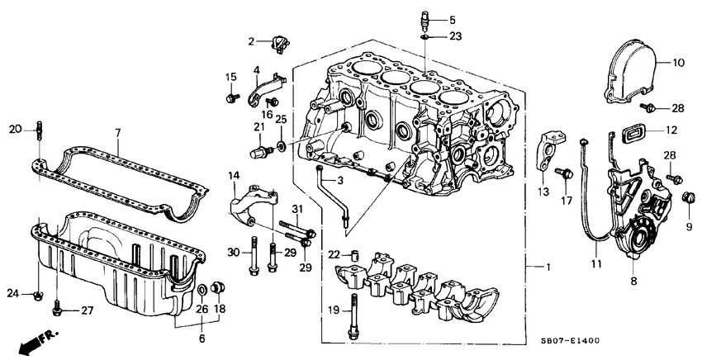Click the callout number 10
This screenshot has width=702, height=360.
tap(678, 62)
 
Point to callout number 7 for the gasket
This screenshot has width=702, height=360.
tap(117, 132)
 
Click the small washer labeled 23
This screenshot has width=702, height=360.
tap(424, 36)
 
